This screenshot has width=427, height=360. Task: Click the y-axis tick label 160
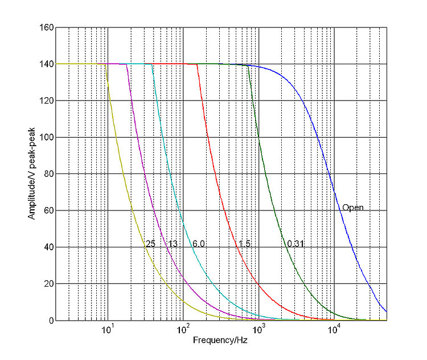tap(47, 27)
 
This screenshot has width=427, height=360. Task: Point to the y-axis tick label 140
tap(47, 64)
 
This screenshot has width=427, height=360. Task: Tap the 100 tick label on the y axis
tap(47, 138)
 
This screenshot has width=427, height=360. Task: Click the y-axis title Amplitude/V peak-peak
tap(32, 174)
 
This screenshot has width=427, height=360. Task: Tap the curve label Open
tap(352, 208)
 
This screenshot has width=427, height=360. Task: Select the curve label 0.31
tap(295, 244)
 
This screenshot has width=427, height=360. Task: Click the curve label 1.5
tap(244, 244)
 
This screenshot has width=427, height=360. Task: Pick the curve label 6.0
tap(198, 244)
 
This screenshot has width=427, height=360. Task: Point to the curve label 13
tap(172, 244)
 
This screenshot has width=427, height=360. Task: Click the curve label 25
tap(150, 244)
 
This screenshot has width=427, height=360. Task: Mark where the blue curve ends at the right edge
tap(387, 312)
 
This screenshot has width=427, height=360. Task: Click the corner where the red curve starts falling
tap(197, 64)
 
